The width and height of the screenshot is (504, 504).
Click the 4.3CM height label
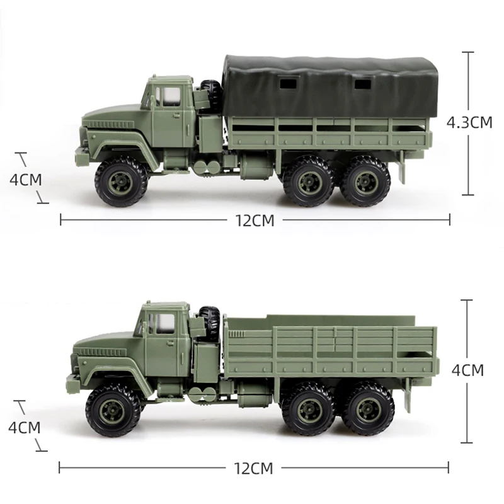pos(469,122)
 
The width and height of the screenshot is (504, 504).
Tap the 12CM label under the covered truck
pos(255,220)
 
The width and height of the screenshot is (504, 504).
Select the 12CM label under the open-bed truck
pos(253,468)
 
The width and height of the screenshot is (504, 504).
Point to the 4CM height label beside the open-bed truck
pos(467,370)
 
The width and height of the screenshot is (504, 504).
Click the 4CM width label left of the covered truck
pos(26,180)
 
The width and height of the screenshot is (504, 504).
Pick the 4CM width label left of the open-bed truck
pos(25,428)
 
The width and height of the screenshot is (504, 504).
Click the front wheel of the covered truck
pos(121,182)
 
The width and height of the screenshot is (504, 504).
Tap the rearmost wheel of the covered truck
pos(366,181)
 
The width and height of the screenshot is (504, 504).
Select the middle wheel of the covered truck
pos(309,181)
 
